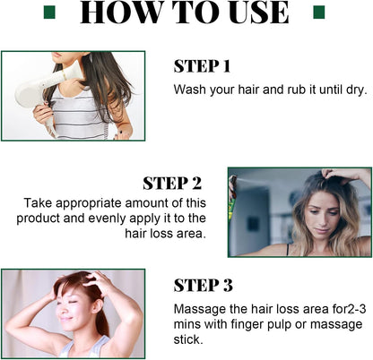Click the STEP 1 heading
coord(202,65)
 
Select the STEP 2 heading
coord(172,183)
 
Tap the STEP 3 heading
coord(203,286)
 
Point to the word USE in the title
coord(254,13)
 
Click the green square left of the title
coord(50,13)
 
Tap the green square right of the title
coord(317,13)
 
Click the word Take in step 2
coord(39,203)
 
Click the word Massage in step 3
coord(198,310)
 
